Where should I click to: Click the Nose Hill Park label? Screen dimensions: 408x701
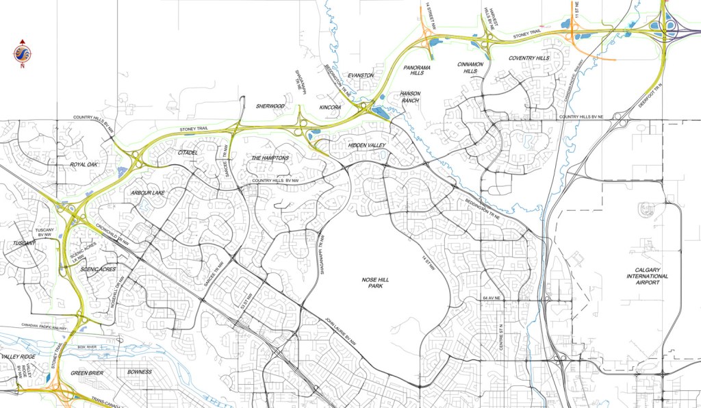[376, 281]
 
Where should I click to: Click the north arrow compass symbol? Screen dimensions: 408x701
[22, 54]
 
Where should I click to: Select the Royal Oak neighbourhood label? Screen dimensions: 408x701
[83, 165]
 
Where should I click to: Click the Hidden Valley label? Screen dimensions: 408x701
[367, 146]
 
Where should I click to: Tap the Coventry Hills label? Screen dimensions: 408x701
[529, 59]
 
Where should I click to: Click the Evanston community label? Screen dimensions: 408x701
[361, 75]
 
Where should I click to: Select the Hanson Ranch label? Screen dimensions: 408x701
[411, 97]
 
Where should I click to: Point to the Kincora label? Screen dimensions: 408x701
[330, 107]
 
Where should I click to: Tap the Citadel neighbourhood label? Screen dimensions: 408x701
[188, 152]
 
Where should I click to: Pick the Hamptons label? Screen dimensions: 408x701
[270, 158]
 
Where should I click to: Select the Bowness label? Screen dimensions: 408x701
[140, 372]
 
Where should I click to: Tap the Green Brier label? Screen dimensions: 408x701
[87, 373]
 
